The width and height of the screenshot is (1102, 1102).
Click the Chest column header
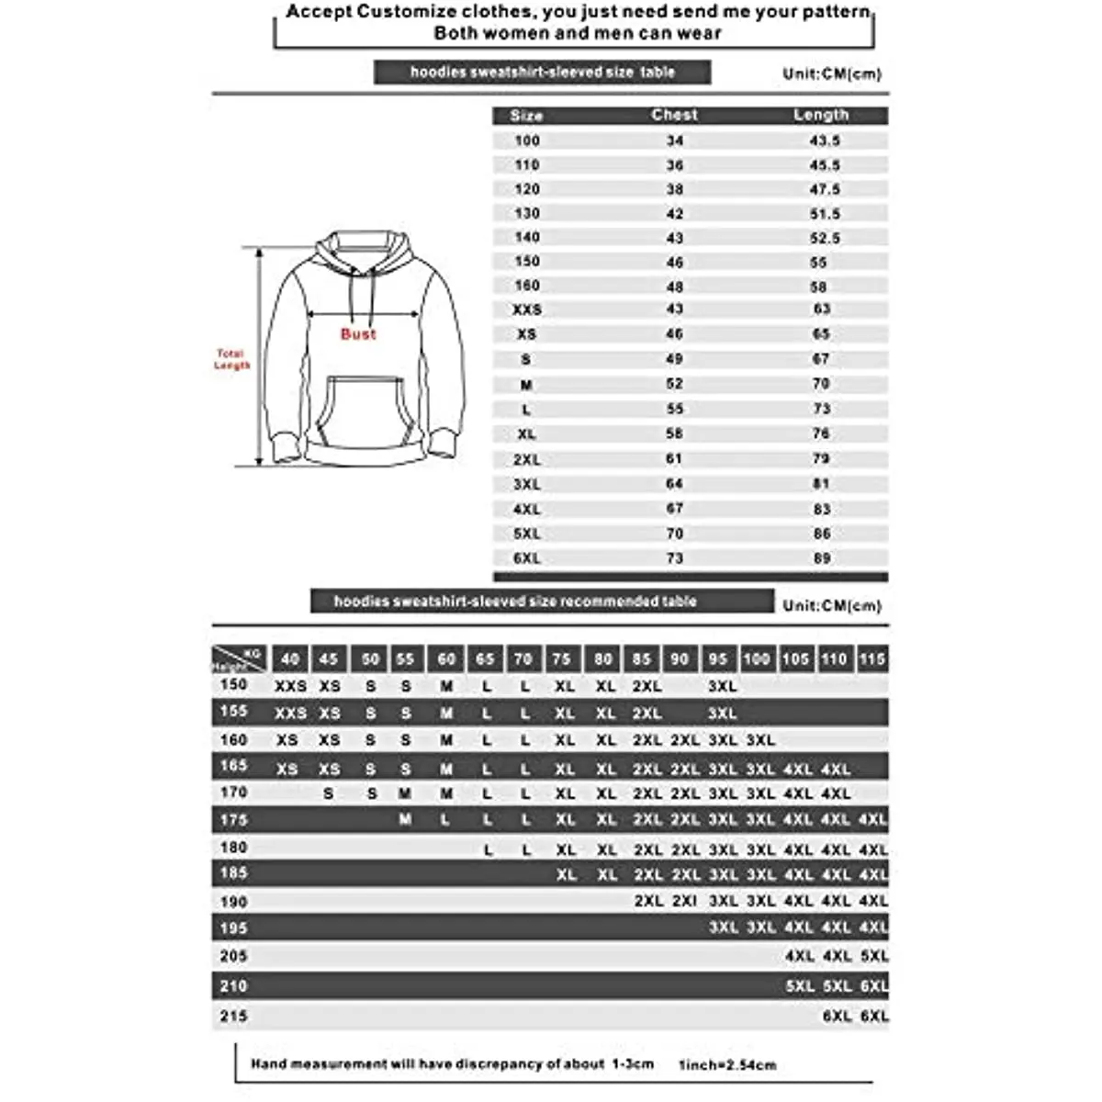click(x=674, y=115)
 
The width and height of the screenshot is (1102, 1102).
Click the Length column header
click(x=821, y=115)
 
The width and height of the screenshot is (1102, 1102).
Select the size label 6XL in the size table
click(x=527, y=558)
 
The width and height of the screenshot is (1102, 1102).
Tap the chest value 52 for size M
click(x=675, y=384)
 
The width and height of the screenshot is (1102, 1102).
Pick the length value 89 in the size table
click(x=822, y=558)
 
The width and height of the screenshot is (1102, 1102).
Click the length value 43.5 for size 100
click(x=825, y=141)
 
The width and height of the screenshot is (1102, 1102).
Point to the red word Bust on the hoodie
click(x=358, y=334)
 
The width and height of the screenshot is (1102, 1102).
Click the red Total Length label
click(x=231, y=359)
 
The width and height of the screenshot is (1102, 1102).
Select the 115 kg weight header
click(x=872, y=658)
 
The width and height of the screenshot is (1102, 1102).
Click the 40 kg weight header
click(x=290, y=658)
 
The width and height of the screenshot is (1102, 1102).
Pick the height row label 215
click(x=234, y=1017)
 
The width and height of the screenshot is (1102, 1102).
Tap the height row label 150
click(x=234, y=685)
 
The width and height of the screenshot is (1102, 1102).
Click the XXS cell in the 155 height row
click(x=291, y=713)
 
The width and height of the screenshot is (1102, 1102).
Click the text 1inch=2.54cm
click(x=727, y=1065)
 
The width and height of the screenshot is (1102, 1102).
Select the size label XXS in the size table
click(x=527, y=310)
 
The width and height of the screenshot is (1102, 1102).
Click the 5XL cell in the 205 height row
click(x=874, y=956)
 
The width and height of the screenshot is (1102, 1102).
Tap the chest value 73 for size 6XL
click(x=675, y=558)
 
